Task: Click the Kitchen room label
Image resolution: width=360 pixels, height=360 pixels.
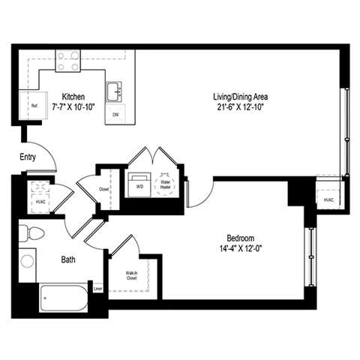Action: click(x=73, y=97)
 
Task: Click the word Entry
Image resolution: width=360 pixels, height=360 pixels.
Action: click(x=28, y=157)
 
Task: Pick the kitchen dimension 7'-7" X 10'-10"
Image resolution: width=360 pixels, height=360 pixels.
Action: click(x=73, y=107)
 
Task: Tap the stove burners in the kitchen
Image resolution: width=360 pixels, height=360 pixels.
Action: click(x=69, y=60)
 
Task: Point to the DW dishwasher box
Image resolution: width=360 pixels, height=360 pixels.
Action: click(x=115, y=115)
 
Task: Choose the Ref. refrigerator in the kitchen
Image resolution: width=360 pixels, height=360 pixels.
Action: click(x=34, y=106)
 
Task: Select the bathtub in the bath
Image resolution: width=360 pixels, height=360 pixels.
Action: click(x=64, y=301)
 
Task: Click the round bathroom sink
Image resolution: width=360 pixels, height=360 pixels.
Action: click(x=28, y=261)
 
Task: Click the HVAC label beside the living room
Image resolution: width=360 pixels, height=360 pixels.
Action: click(x=328, y=200)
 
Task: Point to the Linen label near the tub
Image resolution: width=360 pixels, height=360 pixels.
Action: click(x=97, y=288)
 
